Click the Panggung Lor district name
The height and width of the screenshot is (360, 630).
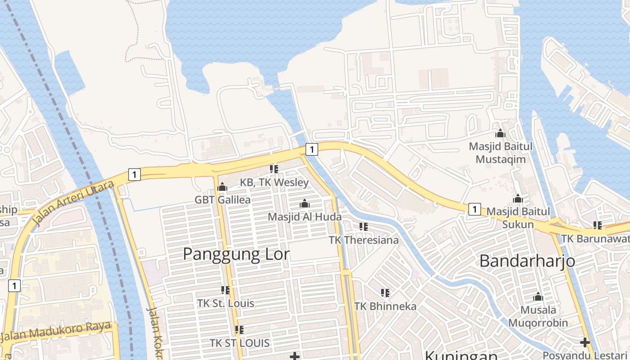pyautogui.click(x=236, y=255)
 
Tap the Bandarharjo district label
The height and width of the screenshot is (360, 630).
pyautogui.click(x=527, y=261)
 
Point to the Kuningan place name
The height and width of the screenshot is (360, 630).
pyautogui.click(x=461, y=355)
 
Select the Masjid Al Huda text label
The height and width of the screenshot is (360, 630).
pyautogui.click(x=305, y=216)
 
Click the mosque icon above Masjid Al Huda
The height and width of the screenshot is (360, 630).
pyautogui.click(x=305, y=204)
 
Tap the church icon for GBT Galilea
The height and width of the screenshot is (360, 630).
pyautogui.click(x=222, y=187)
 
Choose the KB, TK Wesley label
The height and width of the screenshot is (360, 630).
pyautogui.click(x=274, y=182)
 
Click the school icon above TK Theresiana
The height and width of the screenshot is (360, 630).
pyautogui.click(x=364, y=227)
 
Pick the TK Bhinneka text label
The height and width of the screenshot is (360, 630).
pyautogui.click(x=385, y=306)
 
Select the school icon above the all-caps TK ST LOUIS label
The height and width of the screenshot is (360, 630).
pyautogui.click(x=239, y=330)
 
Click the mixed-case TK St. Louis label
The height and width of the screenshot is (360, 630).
pyautogui.click(x=225, y=303)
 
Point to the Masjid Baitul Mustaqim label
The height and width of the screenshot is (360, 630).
pyautogui.click(x=500, y=153)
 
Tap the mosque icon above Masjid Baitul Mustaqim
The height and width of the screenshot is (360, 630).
pyautogui.click(x=500, y=133)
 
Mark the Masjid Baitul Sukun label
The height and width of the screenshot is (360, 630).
pyautogui.click(x=518, y=218)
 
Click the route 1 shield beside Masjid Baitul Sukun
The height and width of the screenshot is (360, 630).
pyautogui.click(x=474, y=209)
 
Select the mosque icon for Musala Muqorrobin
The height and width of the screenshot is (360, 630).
pyautogui.click(x=538, y=297)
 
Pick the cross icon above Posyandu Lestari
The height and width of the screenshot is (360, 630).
pyautogui.click(x=585, y=343)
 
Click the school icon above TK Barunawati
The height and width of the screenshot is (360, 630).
pyautogui.click(x=598, y=225)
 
